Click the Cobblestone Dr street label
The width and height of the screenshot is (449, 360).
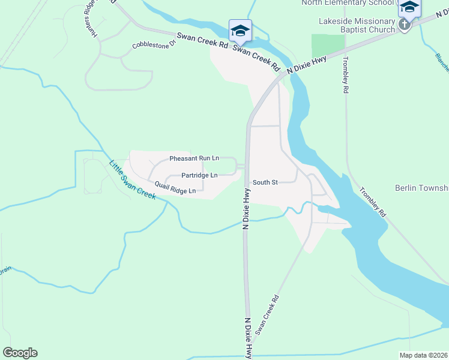point(154,44)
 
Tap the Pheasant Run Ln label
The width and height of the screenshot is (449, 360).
point(194,158)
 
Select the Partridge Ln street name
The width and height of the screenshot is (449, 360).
point(199,175)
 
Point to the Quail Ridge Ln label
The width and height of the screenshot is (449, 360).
point(175,188)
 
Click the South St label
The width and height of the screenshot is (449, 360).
point(265,182)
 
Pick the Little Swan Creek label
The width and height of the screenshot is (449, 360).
point(131,180)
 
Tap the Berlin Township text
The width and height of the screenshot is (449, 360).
point(421,188)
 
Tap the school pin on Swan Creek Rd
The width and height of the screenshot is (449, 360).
point(240,30)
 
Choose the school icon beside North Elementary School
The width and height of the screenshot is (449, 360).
point(409,7)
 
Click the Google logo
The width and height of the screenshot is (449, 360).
point(20,353)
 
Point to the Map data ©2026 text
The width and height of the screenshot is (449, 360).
point(423,355)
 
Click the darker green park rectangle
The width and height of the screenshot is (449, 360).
point(328,46)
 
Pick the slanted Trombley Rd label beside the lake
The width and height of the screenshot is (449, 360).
point(373,202)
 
